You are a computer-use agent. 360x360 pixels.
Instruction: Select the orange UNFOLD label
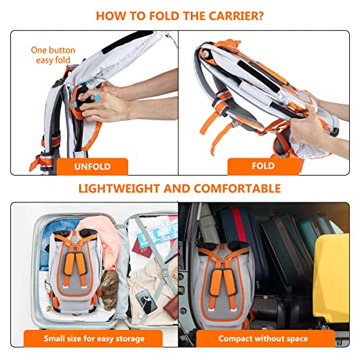93,166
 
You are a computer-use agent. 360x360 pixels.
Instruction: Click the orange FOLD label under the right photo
263,166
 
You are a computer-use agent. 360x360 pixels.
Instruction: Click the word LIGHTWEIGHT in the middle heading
122,189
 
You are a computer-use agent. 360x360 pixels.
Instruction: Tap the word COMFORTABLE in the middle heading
234,189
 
